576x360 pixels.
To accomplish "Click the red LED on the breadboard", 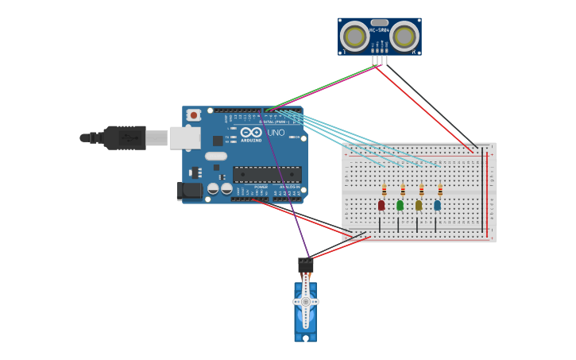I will click(x=381, y=205).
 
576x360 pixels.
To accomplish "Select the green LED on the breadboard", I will click(x=400, y=205).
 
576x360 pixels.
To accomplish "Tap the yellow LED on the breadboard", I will click(x=419, y=205).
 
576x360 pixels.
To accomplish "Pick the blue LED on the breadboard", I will click(x=437, y=205).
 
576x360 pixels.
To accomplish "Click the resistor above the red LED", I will click(x=384, y=190).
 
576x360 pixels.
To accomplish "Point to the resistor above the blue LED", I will click(x=440, y=190).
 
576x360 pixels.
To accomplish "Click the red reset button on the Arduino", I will click(x=193, y=115).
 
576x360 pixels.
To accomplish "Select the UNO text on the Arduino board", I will click(x=276, y=133).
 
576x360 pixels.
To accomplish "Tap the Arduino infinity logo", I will click(x=251, y=132).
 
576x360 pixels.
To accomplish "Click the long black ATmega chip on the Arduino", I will click(x=267, y=175).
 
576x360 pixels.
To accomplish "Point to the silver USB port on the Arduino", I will click(x=184, y=138).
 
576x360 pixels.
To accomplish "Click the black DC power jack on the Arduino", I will click(x=188, y=191).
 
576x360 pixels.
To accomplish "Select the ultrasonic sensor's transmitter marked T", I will click(x=354, y=37).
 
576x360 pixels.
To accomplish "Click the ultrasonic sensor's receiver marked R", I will click(x=404, y=37).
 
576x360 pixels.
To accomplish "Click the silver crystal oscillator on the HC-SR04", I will click(x=380, y=23).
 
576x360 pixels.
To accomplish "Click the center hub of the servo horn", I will click(x=305, y=302).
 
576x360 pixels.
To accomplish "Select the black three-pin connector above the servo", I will click(x=305, y=265).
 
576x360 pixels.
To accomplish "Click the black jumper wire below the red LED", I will click(x=380, y=224).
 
